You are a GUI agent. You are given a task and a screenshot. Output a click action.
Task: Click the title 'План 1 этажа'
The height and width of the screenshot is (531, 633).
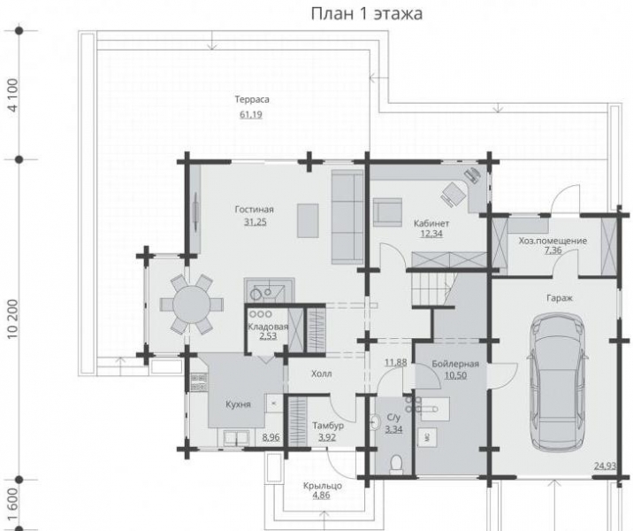point(366,14)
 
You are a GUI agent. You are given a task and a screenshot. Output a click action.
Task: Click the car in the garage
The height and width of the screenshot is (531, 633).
point(558,381)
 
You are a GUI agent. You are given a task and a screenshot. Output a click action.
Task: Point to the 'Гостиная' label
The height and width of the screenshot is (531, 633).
point(254,209)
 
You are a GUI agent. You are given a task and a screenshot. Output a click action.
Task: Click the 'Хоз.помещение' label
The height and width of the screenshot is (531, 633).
point(553,240)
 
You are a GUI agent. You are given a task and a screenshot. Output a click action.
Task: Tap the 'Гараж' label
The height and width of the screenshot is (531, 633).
point(560,298)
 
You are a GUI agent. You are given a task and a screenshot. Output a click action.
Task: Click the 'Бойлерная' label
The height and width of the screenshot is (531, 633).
point(455,364)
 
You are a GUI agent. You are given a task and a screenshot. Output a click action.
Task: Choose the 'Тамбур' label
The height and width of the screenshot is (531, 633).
point(327,426)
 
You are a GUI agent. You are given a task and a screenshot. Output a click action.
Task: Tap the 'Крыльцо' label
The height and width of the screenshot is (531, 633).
point(322,485)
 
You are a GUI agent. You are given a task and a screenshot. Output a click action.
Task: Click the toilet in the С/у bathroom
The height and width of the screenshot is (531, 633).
point(394,462)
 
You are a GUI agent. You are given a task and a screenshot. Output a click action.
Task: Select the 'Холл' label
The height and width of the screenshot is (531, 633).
point(322,374)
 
